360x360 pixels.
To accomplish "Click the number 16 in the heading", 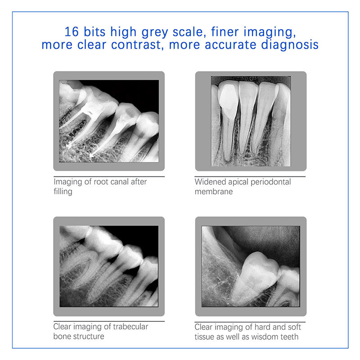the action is (x=72, y=31).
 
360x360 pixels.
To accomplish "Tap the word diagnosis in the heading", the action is (x=290, y=45).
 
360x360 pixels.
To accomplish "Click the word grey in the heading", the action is (x=155, y=32).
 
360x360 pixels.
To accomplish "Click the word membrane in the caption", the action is (x=214, y=192).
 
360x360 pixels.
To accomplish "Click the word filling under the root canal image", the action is (x=63, y=192).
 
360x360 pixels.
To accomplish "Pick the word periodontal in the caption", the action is (x=271, y=182).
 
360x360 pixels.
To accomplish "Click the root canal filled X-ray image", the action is (x=109, y=121).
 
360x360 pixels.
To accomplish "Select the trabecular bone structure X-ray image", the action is (x=109, y=266).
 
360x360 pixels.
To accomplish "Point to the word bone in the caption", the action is (x=62, y=336).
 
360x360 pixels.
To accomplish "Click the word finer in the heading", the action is (x=225, y=31).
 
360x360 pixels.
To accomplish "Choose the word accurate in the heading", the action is (x=230, y=45).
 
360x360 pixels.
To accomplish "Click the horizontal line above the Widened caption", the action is (x=250, y=176).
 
